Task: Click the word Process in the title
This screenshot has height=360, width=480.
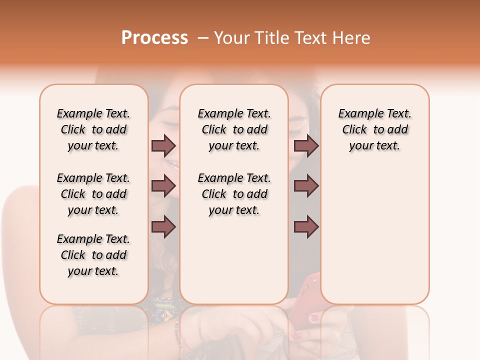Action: point(154,38)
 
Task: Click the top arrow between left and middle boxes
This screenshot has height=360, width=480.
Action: point(163,146)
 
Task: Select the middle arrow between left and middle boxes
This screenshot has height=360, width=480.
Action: point(163,186)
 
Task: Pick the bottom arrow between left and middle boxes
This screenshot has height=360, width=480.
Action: point(163,227)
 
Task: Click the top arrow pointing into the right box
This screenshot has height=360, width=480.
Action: point(306,146)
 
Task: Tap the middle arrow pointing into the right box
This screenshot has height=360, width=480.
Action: point(306,186)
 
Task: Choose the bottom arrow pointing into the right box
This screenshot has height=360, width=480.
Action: point(306,227)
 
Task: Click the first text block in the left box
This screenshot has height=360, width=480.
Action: point(93,130)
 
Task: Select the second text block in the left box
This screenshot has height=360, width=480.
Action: point(93,194)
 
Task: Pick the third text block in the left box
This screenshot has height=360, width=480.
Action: point(93,255)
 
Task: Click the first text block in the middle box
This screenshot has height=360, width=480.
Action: point(234,130)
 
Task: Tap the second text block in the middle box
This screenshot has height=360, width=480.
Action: point(234,194)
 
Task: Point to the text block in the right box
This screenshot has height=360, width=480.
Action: point(374,130)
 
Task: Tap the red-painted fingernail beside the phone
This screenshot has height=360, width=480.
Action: point(313,317)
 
